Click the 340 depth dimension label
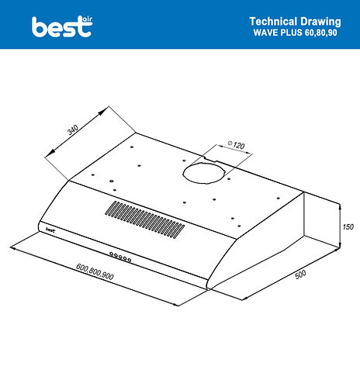[x=73, y=130]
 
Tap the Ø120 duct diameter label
[x=236, y=144]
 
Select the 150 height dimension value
[x=348, y=226]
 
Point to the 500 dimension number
[x=300, y=275]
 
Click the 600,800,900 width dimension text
[x=95, y=271]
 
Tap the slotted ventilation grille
[x=145, y=219]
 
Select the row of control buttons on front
[x=120, y=257]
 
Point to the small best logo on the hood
[x=50, y=230]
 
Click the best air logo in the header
[x=62, y=26]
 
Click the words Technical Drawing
[x=295, y=22]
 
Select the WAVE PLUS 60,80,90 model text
[x=295, y=33]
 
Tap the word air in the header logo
[x=87, y=19]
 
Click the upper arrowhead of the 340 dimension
[x=102, y=112]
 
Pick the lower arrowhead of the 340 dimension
[x=50, y=152]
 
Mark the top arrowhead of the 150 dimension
[x=340, y=207]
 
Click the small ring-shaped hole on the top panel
[x=112, y=181]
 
